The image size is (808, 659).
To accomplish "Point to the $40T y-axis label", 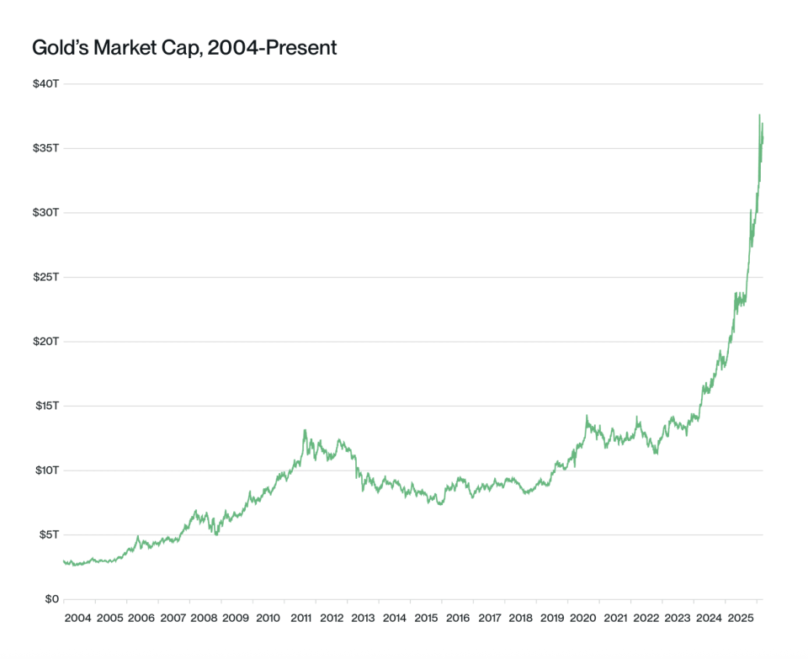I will click(45, 84).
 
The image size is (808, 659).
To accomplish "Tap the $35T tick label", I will click(45, 148).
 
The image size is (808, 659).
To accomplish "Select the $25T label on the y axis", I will click(45, 277).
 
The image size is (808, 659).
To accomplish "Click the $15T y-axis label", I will click(45, 406).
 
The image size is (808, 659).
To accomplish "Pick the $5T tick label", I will click(48, 534).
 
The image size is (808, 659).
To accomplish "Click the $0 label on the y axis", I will click(52, 599).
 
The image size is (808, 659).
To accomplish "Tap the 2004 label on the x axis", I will click(78, 619).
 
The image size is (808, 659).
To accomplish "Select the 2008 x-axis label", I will click(205, 619).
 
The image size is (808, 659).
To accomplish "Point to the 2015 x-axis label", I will click(426, 619).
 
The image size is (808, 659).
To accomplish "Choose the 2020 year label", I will click(583, 619).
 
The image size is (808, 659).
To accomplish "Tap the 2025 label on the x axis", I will click(742, 619).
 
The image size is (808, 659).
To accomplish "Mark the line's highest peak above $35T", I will click(759, 115).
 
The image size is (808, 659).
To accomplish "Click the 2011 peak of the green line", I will click(305, 430).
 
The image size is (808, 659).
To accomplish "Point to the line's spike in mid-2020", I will click(587, 416).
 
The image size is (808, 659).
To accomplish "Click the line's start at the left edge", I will click(64, 561).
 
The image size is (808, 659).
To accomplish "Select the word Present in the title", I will click(298, 48).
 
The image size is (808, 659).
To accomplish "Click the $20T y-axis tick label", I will click(45, 341).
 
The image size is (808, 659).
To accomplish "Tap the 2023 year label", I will click(678, 619).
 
